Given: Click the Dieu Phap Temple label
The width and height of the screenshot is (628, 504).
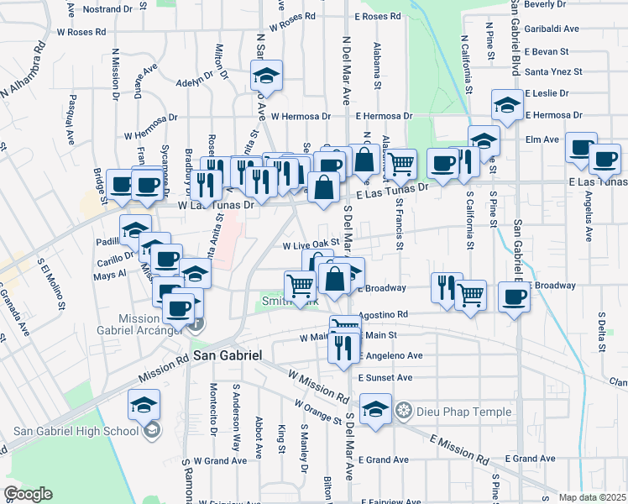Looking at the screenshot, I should (450, 412).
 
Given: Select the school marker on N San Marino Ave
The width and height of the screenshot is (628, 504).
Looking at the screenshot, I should (266, 75).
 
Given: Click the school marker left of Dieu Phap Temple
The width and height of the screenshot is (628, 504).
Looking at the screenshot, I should (375, 410).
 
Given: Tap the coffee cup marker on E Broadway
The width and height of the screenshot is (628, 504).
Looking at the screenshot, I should (514, 296).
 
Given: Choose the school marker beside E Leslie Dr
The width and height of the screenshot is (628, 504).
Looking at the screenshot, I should (507, 106).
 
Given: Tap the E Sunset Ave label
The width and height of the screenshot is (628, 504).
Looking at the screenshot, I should (385, 378).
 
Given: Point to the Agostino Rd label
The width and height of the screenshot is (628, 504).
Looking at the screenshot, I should (383, 315).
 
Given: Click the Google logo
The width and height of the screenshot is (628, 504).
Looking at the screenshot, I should (29, 494).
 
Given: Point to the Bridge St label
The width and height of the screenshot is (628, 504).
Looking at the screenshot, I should (100, 186).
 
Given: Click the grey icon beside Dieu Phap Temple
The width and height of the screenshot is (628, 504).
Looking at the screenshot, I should (405, 412).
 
